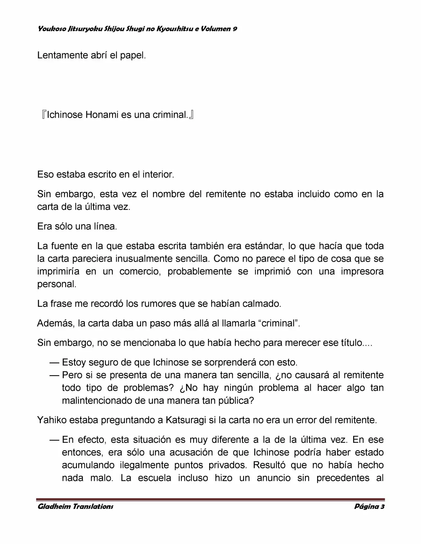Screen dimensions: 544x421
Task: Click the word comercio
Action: (140, 272)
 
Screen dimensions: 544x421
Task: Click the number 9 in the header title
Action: (235, 29)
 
